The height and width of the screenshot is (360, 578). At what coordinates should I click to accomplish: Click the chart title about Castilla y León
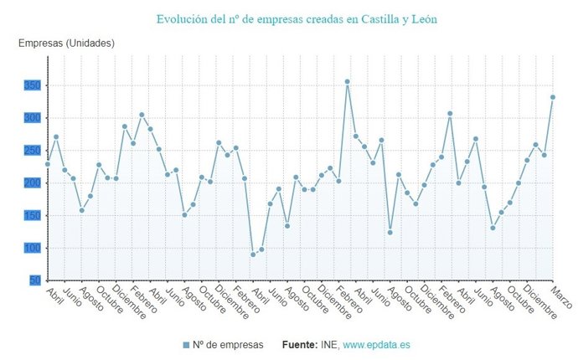tap(297, 18)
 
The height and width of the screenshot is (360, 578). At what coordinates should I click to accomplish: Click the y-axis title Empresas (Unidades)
tap(66, 43)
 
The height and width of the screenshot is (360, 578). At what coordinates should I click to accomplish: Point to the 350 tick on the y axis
tap(32, 85)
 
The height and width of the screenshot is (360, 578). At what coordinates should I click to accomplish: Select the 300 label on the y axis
tap(32, 118)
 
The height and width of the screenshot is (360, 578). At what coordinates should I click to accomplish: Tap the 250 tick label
tap(32, 151)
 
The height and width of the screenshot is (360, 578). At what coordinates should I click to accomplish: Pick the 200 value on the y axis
tap(32, 183)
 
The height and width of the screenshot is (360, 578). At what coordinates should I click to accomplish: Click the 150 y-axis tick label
tap(32, 216)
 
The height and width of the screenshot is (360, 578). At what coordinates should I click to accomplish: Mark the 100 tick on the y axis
tap(32, 249)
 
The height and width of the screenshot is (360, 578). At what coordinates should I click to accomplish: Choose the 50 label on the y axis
tap(34, 280)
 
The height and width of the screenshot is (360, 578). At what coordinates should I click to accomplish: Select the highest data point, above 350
tap(347, 81)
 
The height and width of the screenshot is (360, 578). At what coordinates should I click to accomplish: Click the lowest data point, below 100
tap(253, 255)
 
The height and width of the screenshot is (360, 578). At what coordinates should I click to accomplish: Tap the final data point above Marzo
tap(553, 97)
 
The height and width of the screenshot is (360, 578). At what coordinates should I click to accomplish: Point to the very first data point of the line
tap(48, 164)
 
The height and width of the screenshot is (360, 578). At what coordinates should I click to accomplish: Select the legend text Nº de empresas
tap(228, 345)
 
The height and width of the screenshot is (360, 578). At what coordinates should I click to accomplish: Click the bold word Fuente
tap(299, 345)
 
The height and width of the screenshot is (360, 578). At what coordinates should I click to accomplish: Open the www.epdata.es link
tap(376, 345)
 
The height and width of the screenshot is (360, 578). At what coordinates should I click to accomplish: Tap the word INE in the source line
tap(329, 345)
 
